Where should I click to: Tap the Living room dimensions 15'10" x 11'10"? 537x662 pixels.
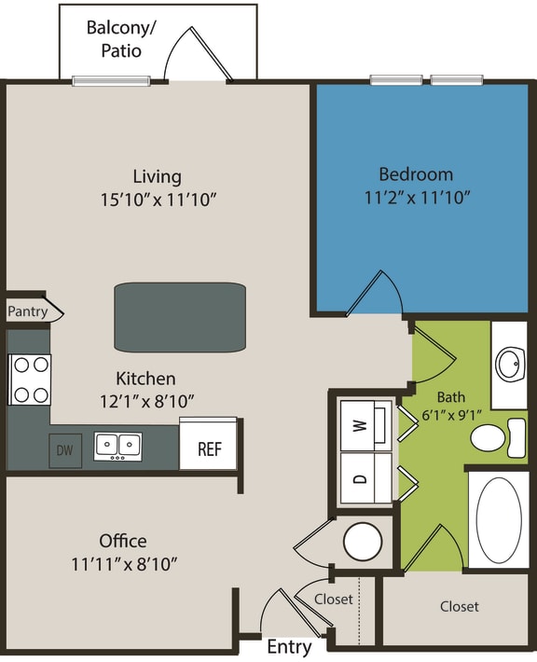pos(157,199)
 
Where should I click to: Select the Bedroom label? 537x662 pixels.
pos(416,174)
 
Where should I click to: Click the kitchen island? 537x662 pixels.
pos(180,316)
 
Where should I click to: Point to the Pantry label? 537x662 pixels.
pos(28,311)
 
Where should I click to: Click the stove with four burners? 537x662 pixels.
pos(29,380)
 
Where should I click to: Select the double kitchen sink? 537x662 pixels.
pos(118,447)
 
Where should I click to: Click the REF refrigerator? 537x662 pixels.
pos(209,448)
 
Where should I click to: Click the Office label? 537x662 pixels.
pos(123,541)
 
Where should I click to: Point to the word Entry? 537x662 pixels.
pos(289,647)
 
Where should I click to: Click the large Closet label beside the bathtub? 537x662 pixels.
pos(459,606)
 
